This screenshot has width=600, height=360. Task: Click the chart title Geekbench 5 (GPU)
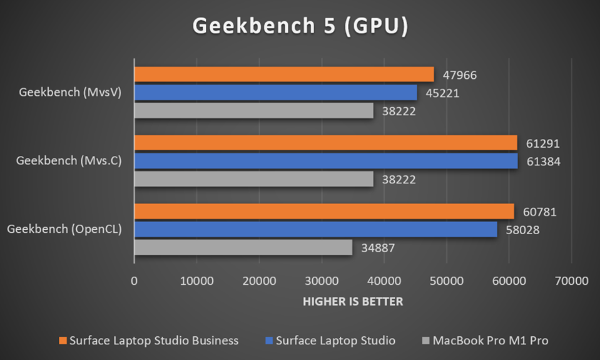tap(300, 26)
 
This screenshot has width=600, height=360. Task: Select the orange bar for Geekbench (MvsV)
tap(284, 75)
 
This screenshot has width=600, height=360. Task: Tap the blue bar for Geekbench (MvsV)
tap(275, 93)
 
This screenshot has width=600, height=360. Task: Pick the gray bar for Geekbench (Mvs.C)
tap(253, 179)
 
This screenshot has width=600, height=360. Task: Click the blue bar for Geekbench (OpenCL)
tap(316, 230)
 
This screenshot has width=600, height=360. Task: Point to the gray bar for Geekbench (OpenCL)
tap(243, 247)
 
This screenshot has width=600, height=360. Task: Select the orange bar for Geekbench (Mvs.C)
tap(325, 143)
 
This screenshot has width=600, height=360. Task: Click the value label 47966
tap(460, 76)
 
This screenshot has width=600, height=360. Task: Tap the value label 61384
tap(542, 162)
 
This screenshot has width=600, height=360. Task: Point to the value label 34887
tap(378, 248)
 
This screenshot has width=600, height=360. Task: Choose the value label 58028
tap(522, 230)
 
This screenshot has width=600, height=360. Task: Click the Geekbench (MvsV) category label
tap(69, 93)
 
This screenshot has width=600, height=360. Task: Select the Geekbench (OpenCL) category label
tap(64, 229)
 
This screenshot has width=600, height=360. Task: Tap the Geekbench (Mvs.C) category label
tap(69, 161)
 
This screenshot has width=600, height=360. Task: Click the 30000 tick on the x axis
tap(322, 281)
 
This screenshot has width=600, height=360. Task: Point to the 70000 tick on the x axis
tap(571, 281)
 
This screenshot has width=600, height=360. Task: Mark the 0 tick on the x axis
tap(135, 281)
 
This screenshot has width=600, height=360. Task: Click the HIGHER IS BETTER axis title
tap(353, 302)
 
